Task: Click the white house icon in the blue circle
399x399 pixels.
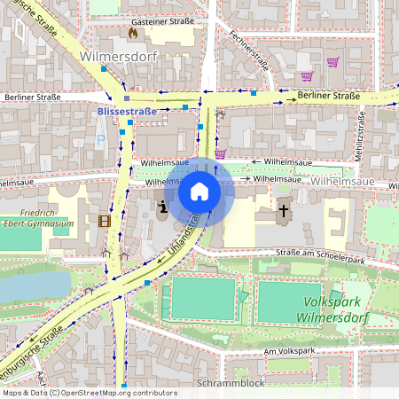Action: (x=199, y=191)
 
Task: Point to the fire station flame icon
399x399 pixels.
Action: (x=133, y=33)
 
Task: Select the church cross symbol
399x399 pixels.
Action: (x=284, y=211)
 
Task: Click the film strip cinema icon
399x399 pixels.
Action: (x=106, y=221)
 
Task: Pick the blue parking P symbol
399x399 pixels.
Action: (x=100, y=139)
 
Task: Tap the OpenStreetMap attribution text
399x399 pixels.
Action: (x=89, y=393)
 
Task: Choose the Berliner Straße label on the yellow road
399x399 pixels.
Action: (x=329, y=95)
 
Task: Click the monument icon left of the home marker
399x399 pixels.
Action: (x=162, y=210)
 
